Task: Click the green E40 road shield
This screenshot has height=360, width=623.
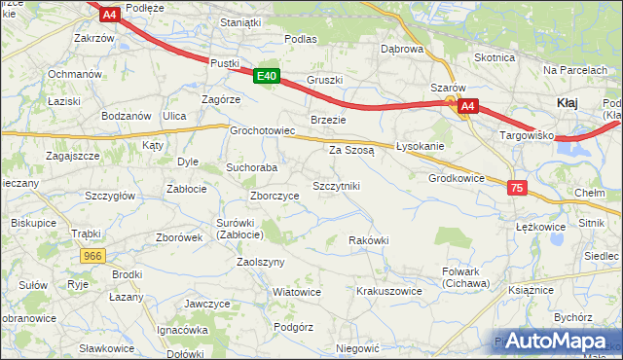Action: (269, 76)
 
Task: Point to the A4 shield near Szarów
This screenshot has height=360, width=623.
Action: (468, 106)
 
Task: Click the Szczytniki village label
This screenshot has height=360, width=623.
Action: (336, 185)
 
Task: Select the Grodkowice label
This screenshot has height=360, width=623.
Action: (456, 178)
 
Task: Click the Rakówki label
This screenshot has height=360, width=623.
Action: (369, 240)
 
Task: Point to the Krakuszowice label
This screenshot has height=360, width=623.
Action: (388, 291)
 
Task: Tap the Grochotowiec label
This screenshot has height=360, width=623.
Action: (262, 130)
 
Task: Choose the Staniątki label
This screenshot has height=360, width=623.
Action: (242, 21)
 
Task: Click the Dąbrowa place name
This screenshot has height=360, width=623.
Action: (402, 48)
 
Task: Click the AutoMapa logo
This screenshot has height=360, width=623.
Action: (558, 341)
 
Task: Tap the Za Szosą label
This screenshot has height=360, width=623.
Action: (351, 150)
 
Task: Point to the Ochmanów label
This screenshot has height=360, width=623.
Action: (75, 74)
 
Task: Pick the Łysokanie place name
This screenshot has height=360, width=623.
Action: (421, 146)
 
